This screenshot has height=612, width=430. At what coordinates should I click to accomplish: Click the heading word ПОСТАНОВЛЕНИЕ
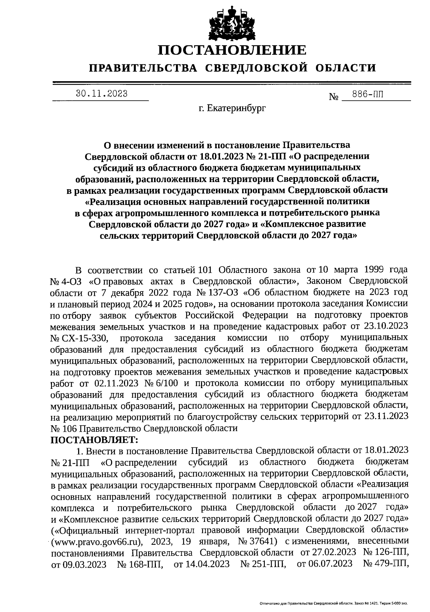[233, 50]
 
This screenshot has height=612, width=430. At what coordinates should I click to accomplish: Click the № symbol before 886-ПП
[334, 97]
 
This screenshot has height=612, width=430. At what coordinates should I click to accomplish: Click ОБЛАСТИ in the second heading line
[346, 68]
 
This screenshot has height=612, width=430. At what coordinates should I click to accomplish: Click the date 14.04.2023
[202, 564]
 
